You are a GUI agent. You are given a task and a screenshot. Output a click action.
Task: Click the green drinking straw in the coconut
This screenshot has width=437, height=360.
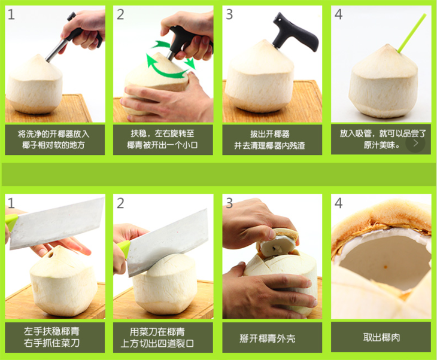coord(411,33)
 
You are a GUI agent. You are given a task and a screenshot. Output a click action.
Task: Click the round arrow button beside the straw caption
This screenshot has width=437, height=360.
coord(415,143)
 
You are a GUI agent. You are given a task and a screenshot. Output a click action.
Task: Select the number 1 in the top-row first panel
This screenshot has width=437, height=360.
coord(11,14)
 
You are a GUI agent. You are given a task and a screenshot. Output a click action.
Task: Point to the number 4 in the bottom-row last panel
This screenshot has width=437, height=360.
coord(338,203)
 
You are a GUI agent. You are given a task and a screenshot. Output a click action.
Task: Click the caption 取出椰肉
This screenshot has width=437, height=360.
coord(381,338)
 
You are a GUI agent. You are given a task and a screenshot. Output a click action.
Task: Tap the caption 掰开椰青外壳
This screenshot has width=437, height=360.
coord(267,338)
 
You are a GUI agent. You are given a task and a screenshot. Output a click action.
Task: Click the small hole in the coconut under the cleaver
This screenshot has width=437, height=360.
coord(51,255)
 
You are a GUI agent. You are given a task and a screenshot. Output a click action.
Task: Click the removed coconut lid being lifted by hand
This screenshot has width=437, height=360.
coord(278,243)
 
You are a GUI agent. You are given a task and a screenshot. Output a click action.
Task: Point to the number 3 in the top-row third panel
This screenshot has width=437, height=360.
coord(229,14)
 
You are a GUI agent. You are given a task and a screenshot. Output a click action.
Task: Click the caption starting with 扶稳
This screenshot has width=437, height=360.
coord(162,139)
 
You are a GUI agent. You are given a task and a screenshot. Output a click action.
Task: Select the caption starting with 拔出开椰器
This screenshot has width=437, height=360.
coord(269,139)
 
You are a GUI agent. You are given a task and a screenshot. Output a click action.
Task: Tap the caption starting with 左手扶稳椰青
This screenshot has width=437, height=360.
coord(52,337)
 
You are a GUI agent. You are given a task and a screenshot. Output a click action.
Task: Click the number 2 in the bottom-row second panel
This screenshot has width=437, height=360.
coord(120,203)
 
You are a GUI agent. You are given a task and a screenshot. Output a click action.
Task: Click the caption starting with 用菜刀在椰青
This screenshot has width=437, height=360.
coord(157,337)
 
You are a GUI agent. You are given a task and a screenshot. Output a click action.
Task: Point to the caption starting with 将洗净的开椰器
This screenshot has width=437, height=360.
coord(53,139)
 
